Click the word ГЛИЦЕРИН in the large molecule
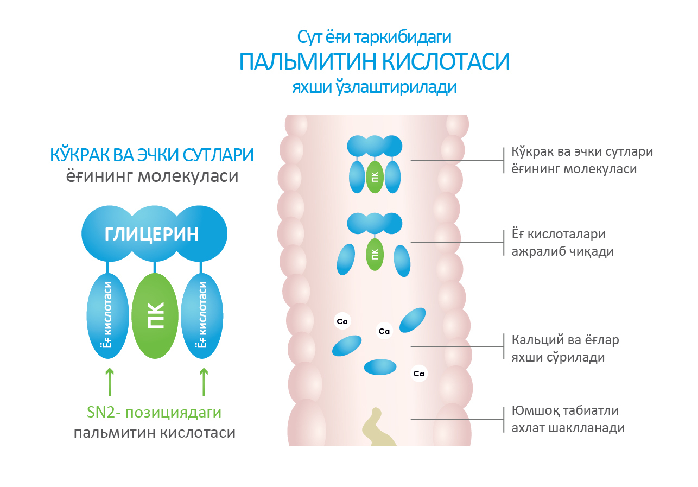(151, 235)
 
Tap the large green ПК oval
(155, 316)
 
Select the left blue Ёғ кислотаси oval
(107, 316)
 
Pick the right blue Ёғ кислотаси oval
(202, 316)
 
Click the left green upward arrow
(110, 382)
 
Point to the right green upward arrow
(204, 382)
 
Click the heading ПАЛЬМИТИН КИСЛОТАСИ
(375, 62)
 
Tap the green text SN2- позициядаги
(154, 413)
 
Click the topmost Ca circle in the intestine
(342, 321)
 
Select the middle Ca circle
(384, 331)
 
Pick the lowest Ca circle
(418, 374)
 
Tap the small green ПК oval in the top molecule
(374, 176)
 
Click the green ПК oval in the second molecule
(374, 254)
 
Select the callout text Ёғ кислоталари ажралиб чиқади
(559, 243)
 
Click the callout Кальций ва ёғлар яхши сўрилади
(565, 349)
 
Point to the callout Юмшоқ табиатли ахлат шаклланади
(568, 419)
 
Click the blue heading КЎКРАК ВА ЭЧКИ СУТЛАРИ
(152, 155)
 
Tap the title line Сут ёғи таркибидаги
(375, 37)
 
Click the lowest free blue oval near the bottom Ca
(380, 368)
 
